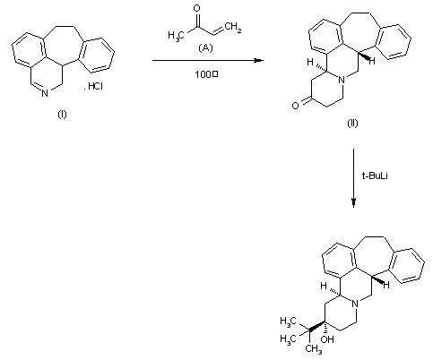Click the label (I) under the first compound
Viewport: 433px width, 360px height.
pyautogui.click(x=63, y=116)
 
